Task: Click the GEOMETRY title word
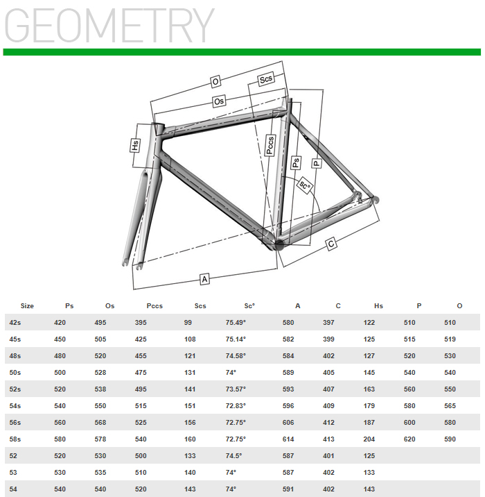point(109,26)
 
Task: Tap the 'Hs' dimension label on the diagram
point(135,146)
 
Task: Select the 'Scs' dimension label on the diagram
point(266,79)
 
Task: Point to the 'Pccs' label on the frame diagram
point(270,145)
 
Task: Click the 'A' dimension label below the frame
point(204,279)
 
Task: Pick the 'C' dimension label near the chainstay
point(331,244)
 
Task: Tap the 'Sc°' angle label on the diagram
point(305,185)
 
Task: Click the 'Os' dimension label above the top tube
point(219,101)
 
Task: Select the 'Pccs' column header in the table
point(155,306)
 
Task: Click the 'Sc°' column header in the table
point(249,306)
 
